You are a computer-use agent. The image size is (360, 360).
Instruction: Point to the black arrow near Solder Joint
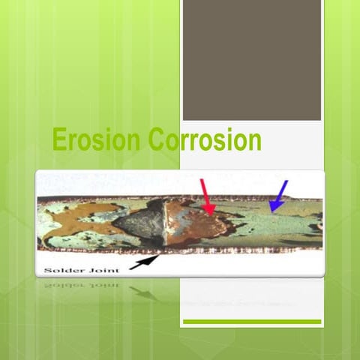pyautogui.click(x=144, y=262)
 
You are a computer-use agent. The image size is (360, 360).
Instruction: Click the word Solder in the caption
pyautogui.click(x=59, y=268)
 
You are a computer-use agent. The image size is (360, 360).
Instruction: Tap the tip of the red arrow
pyautogui.click(x=212, y=213)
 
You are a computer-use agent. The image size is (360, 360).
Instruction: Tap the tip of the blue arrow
pyautogui.click(x=271, y=211)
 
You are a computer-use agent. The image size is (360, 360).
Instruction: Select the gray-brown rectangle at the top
pyautogui.click(x=252, y=60)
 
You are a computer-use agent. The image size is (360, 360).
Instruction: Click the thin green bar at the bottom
pyautogui.click(x=252, y=322)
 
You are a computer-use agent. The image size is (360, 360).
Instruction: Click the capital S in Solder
pyautogui.click(x=44, y=268)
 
